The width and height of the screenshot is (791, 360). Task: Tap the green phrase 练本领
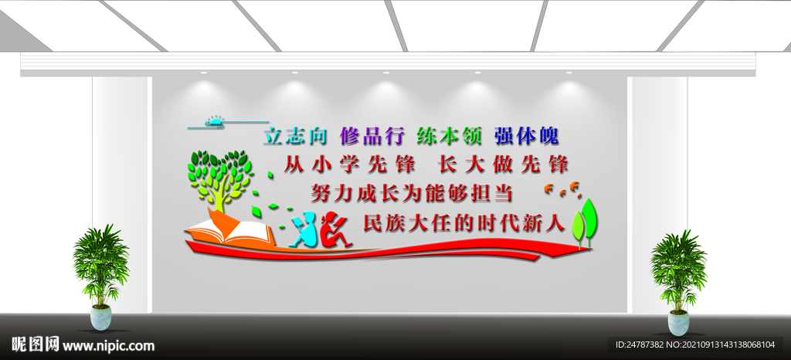click(450, 136)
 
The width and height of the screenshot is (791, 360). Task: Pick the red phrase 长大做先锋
click(503, 164)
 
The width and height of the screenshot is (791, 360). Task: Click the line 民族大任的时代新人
click(464, 222)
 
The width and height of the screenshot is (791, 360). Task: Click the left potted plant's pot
click(101, 317)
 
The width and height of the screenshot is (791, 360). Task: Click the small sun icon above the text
click(215, 121)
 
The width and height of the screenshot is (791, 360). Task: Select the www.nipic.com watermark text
click(108, 345)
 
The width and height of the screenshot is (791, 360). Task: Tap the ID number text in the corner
click(700, 345)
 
